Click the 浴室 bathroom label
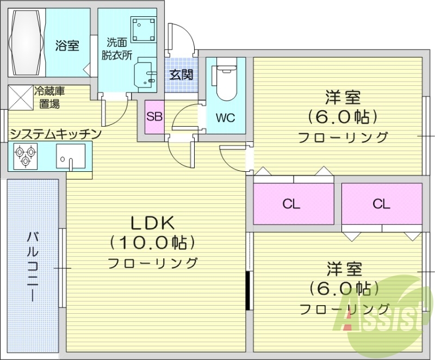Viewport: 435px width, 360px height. click(67, 46)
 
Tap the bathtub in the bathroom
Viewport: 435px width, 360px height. click(27, 42)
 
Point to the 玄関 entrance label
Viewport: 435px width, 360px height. click(181, 75)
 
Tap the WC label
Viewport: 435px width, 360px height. click(225, 117)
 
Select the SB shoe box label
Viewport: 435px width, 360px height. click(154, 116)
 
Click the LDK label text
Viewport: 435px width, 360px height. click(152, 222)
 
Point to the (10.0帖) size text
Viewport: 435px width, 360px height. click(152, 241)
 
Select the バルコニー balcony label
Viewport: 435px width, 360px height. click(33, 266)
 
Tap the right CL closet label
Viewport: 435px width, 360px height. click(381, 204)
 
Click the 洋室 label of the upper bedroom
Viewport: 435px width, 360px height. click(343, 98)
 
